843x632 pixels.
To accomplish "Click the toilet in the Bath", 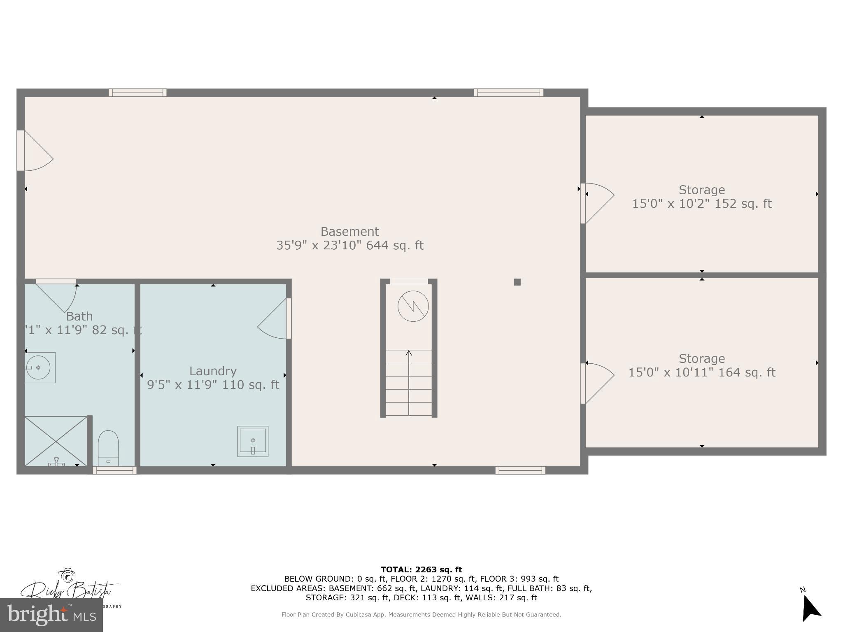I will click(108, 448).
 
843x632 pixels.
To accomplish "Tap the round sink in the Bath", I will click(38, 367).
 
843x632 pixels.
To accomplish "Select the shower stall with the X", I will click(56, 441).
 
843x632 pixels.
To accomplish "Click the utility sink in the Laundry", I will click(253, 441).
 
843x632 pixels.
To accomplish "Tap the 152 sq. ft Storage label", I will click(701, 197).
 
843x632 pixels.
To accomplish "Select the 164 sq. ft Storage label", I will click(701, 365).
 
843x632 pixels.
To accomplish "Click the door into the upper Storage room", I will click(597, 203).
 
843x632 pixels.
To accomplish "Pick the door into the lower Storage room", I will click(597, 383).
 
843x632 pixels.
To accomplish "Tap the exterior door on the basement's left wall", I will click(35, 151).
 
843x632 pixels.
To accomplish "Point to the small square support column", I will click(517, 282).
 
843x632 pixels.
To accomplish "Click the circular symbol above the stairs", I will click(413, 306).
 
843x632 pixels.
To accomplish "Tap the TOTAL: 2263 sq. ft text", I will click(421, 569).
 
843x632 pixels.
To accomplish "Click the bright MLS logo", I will click(51, 615).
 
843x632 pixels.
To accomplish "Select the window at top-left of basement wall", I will click(137, 93).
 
